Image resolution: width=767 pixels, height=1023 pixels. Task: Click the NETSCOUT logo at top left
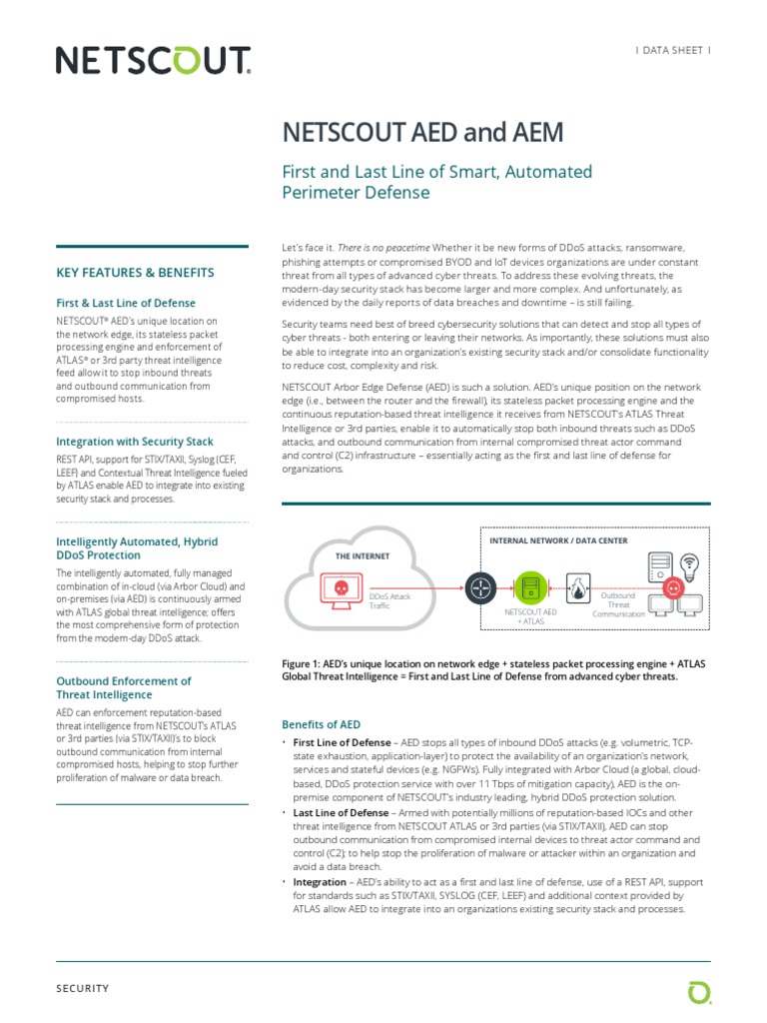[153, 62]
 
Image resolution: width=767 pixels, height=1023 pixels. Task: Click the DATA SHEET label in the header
[673, 50]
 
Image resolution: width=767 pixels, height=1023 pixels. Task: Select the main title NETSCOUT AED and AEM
[423, 133]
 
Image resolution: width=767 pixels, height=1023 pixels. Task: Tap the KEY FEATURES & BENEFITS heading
[135, 272]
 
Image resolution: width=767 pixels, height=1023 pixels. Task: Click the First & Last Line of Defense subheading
[126, 303]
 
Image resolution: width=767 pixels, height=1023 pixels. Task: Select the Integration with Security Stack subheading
[135, 442]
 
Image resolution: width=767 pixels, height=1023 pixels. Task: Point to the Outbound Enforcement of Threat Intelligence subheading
[124, 688]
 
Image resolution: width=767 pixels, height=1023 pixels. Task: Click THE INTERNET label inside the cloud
[363, 555]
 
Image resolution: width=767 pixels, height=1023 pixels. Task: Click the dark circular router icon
[478, 583]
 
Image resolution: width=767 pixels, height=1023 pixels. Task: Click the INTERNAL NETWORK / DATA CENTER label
[558, 540]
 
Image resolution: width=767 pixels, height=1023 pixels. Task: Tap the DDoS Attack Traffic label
[390, 600]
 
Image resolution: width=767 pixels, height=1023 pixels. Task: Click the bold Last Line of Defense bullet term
[341, 813]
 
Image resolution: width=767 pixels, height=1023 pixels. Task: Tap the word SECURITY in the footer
[83, 988]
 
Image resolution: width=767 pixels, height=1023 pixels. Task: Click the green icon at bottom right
[699, 991]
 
